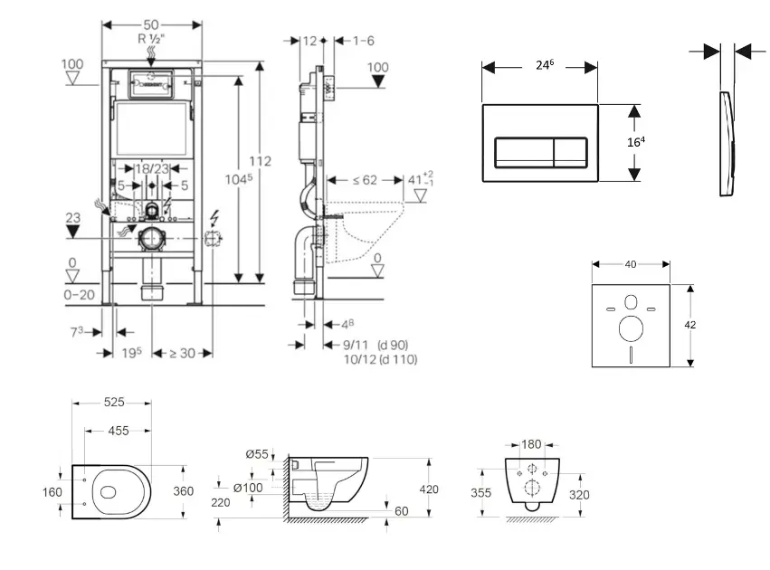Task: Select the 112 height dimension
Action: coord(261,161)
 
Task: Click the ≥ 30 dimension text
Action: coord(181,353)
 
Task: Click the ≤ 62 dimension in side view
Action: coord(364,180)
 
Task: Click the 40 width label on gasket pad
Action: coord(630,264)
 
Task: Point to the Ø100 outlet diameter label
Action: coord(248,489)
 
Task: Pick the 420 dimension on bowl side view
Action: coord(428,489)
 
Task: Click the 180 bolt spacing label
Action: coord(531,444)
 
